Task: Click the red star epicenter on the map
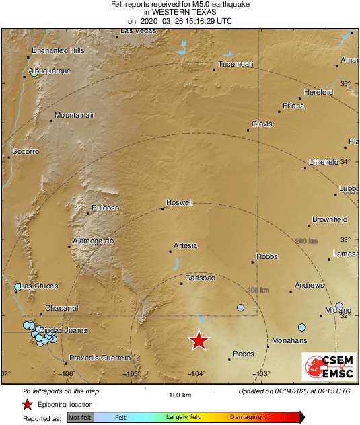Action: [199, 341]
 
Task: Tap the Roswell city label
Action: [180, 202]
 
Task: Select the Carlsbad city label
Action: [200, 277]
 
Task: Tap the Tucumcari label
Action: [235, 64]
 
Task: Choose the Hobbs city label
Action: [266, 256]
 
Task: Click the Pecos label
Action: [242, 353]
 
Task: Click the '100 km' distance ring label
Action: [259, 290]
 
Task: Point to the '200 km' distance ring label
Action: [306, 241]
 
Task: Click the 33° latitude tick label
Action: [345, 239]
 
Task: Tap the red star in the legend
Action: [28, 404]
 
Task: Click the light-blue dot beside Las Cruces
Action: [18, 287]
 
